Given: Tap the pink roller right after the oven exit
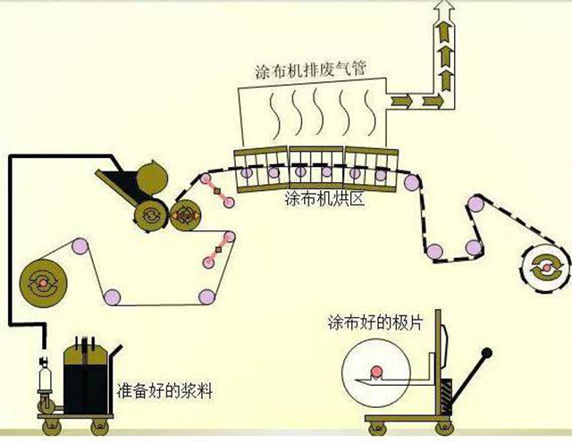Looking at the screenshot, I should click(x=410, y=183).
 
